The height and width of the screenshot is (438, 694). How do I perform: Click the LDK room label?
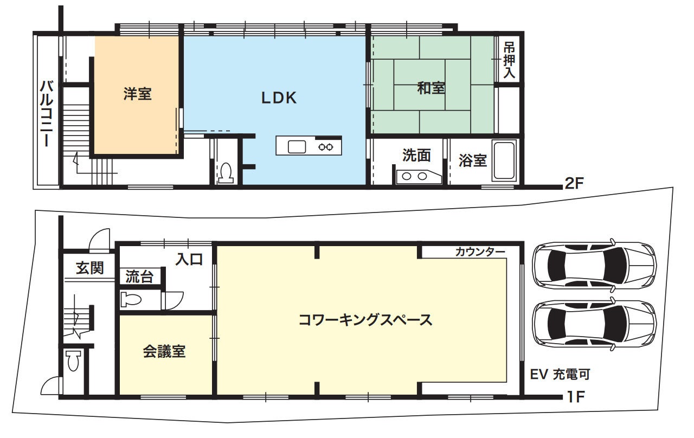[x=279, y=98]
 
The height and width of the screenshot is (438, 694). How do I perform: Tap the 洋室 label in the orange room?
[x=138, y=94]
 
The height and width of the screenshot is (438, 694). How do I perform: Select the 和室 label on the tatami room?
[x=431, y=88]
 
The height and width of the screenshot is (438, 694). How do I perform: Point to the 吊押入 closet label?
[x=509, y=61]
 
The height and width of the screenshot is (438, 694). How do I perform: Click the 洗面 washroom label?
[x=416, y=155]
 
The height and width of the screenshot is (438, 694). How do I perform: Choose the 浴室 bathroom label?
[x=472, y=160]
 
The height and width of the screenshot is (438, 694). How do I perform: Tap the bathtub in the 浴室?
[x=504, y=160]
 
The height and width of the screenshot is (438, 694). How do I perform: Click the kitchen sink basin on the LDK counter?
[x=297, y=147]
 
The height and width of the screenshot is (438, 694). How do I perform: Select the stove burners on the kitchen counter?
[x=326, y=147]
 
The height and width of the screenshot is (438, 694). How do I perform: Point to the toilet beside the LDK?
[x=226, y=172]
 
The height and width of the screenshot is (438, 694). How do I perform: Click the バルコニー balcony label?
[x=47, y=113]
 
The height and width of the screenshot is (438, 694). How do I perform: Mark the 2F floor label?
[x=574, y=184]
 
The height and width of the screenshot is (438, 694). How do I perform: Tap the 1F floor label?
[x=575, y=397]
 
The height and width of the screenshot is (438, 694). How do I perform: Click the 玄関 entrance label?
[x=90, y=268]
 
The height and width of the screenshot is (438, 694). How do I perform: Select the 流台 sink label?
[x=139, y=276]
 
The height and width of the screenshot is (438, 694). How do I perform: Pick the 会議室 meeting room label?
[x=164, y=352]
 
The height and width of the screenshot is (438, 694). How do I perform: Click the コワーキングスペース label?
[x=365, y=320]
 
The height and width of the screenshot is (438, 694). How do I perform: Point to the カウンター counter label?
[x=480, y=252]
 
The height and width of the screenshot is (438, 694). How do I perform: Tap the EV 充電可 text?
[x=560, y=374]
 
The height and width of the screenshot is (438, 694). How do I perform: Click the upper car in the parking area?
[x=594, y=265]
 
